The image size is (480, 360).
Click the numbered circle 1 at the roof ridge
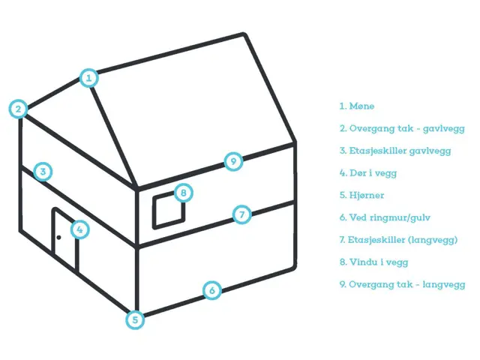click(88, 77)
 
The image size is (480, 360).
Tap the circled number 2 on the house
click(18, 109)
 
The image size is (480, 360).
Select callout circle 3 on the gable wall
click(43, 172)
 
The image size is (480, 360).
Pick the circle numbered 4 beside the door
click(79, 229)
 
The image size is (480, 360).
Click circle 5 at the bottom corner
click(134, 319)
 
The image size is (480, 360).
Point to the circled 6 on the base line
click(212, 290)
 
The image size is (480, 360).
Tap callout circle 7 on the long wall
click(241, 214)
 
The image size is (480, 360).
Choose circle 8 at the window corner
click(183, 193)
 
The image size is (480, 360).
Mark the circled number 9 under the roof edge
click(233, 160)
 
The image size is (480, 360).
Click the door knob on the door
click(58, 238)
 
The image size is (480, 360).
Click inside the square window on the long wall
click(167, 211)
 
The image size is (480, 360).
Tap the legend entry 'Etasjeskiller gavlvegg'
click(394, 151)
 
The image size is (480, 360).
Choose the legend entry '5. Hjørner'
click(363, 196)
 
